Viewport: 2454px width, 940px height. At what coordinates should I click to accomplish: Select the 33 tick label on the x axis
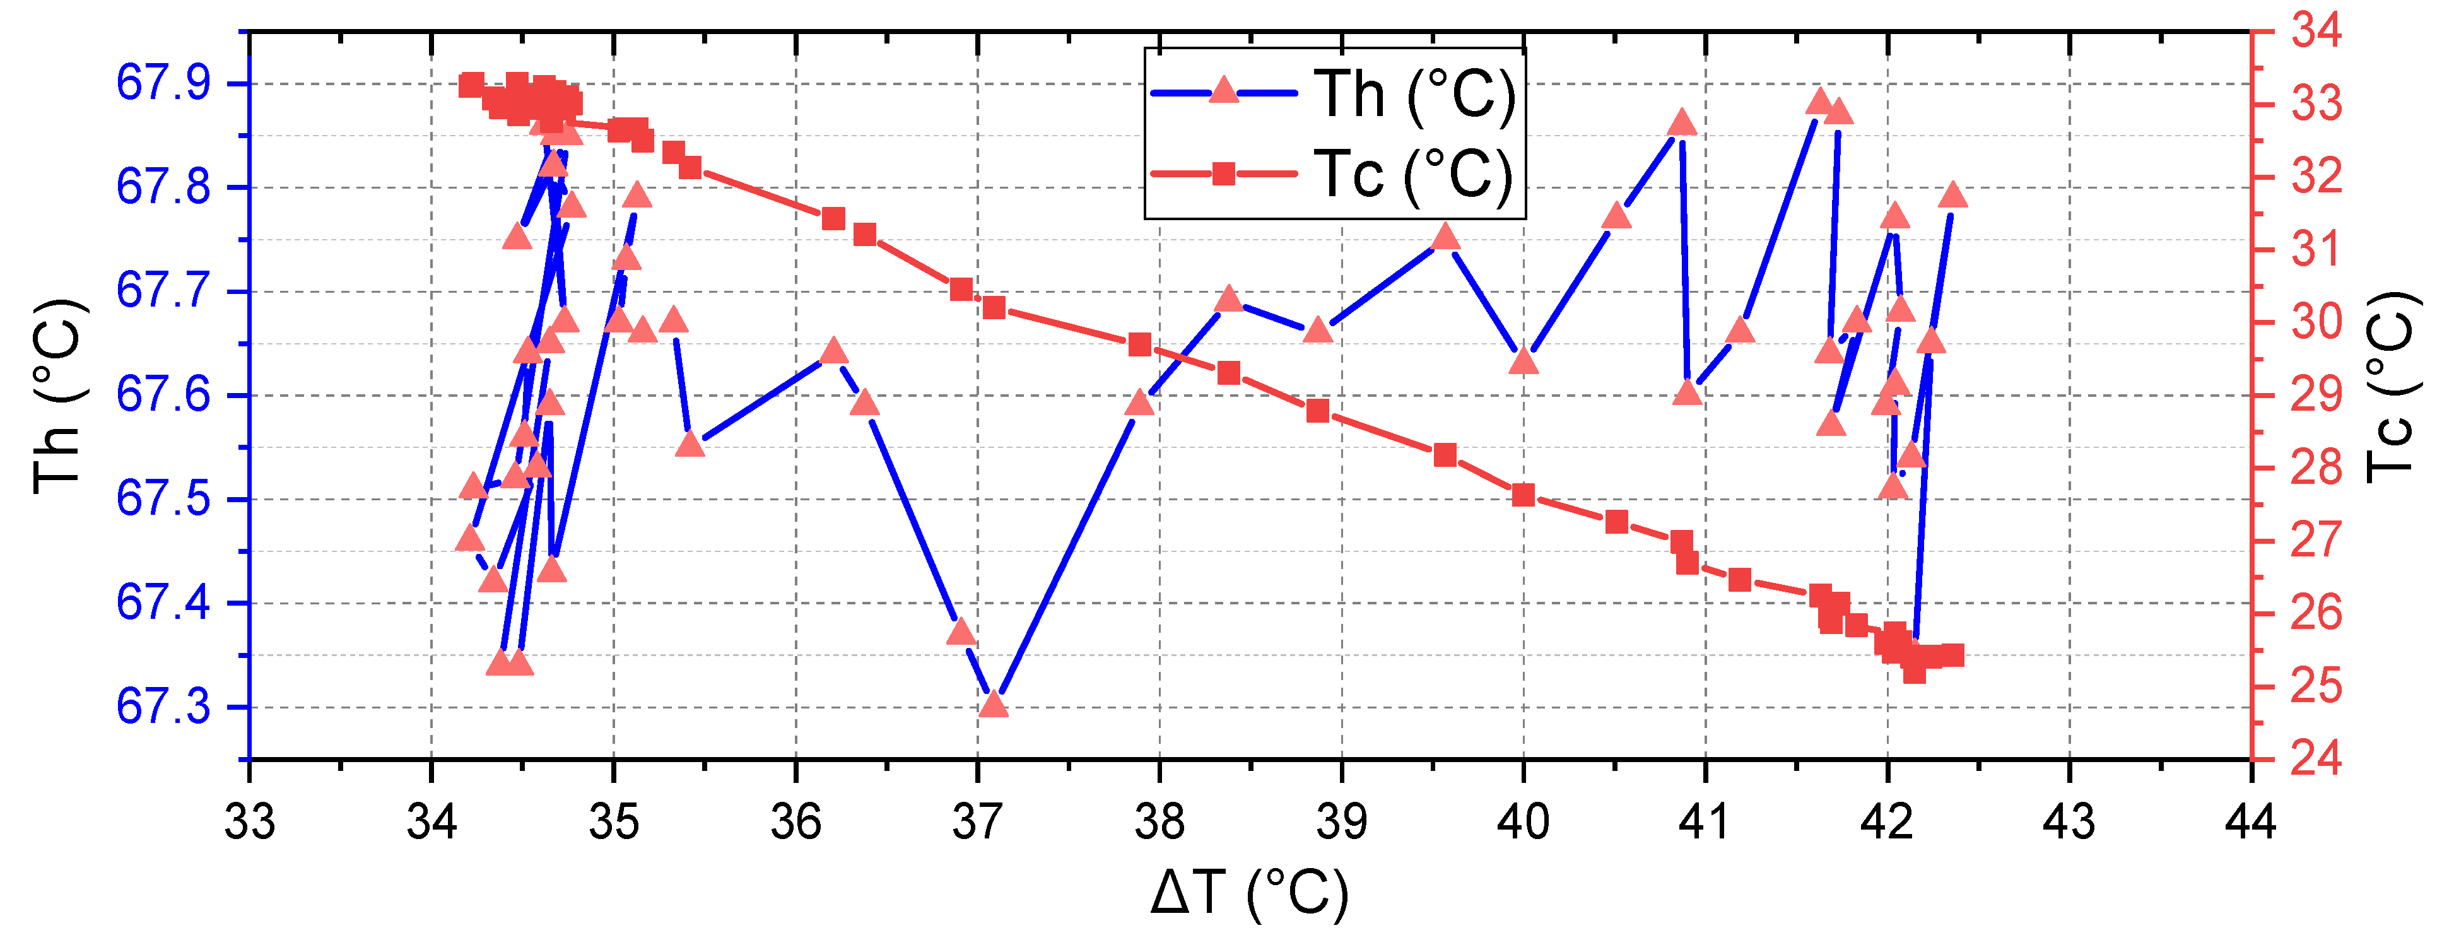pos(250,821)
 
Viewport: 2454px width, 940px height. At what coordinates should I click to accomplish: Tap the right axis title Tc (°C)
pos(2391,385)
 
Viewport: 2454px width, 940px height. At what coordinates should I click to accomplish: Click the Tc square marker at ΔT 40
pos(1523,494)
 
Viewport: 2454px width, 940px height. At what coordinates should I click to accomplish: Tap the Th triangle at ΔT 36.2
pos(833,351)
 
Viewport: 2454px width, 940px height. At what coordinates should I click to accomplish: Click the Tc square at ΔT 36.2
pos(833,219)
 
